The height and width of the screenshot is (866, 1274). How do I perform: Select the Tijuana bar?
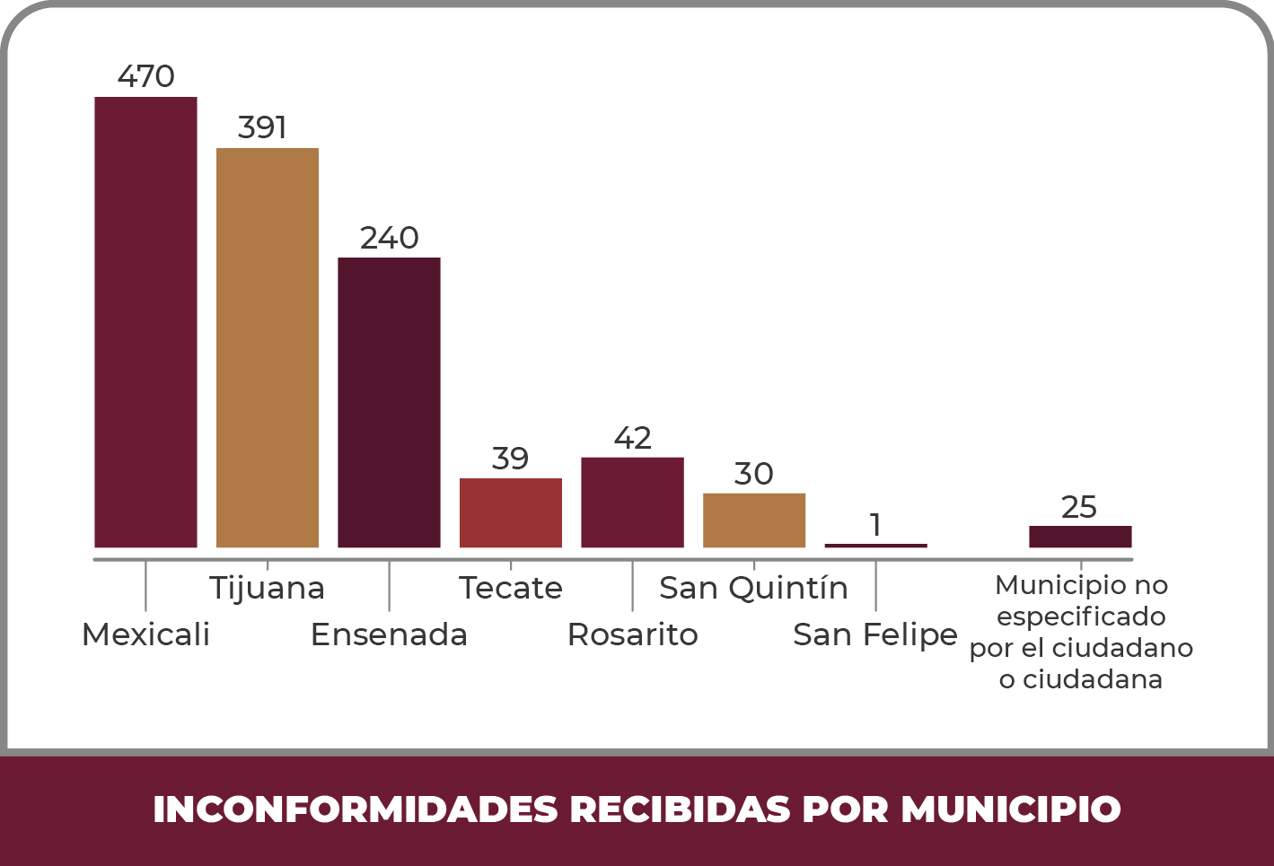pyautogui.click(x=268, y=347)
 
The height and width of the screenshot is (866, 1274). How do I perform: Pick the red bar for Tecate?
pyautogui.click(x=511, y=512)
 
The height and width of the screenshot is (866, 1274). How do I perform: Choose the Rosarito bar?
pyautogui.click(x=632, y=503)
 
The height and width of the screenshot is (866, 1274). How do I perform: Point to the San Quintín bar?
pyautogui.click(x=754, y=520)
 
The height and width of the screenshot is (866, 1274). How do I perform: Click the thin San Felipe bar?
pyautogui.click(x=875, y=545)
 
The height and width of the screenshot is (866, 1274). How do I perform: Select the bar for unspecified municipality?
pyautogui.click(x=1080, y=537)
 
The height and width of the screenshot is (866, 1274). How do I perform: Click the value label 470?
pyautogui.click(x=145, y=76)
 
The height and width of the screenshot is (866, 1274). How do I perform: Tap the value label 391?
pyautogui.click(x=262, y=127)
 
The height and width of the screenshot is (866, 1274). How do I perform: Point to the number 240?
pyautogui.click(x=389, y=238)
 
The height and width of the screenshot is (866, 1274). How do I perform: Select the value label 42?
pyautogui.click(x=632, y=438)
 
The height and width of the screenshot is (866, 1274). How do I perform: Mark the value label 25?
pyautogui.click(x=1079, y=507)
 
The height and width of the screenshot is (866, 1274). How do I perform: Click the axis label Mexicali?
pyautogui.click(x=145, y=634)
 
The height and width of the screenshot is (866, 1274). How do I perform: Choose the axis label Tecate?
pyautogui.click(x=511, y=588)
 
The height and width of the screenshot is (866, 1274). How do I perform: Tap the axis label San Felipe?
pyautogui.click(x=875, y=634)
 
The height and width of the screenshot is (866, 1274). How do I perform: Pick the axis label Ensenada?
pyautogui.click(x=389, y=634)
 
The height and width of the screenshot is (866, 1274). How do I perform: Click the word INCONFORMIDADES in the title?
pyautogui.click(x=356, y=809)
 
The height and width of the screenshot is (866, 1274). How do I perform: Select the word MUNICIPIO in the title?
pyautogui.click(x=1011, y=809)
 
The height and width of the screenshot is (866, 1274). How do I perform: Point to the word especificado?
pyautogui.click(x=1081, y=617)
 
